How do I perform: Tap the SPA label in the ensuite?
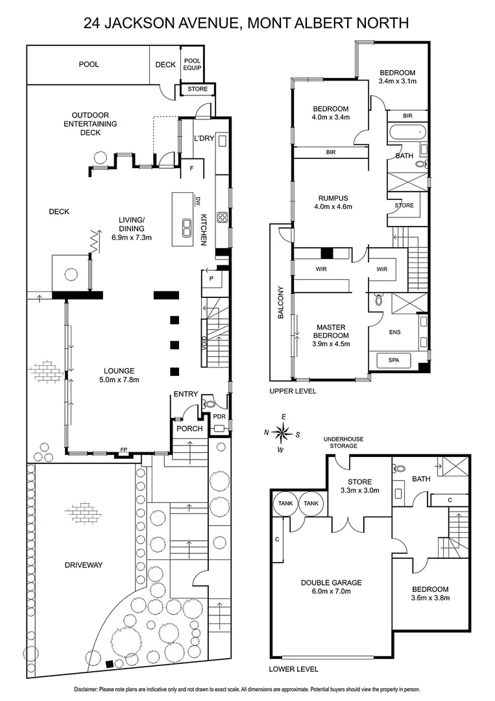point(394,360)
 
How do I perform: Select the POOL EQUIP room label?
point(192,63)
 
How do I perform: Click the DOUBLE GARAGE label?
point(331,583)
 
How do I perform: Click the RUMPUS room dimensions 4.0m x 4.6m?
point(333,208)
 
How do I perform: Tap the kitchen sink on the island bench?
point(186,226)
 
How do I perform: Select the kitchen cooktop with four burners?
point(221,217)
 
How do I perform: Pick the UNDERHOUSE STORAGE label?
point(344,443)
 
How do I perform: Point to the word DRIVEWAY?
point(84,565)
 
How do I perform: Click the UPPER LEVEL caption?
point(293,391)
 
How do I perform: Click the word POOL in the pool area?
point(89,64)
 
